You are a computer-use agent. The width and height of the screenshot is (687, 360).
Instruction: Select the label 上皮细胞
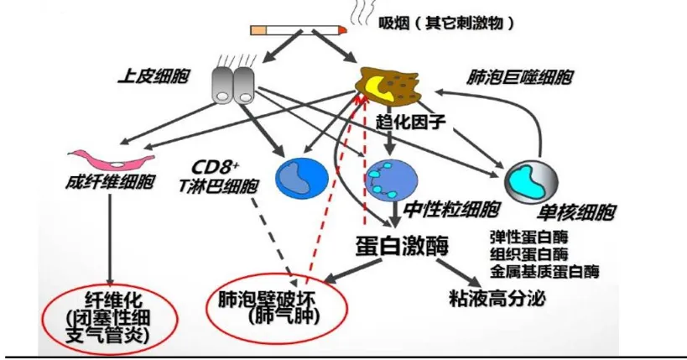(x=152, y=76)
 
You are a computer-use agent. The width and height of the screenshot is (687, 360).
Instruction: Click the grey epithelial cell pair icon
(x=232, y=84)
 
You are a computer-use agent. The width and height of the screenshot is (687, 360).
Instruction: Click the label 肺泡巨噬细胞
(x=520, y=78)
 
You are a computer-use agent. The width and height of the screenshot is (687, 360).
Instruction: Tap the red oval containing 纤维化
(x=111, y=318)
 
